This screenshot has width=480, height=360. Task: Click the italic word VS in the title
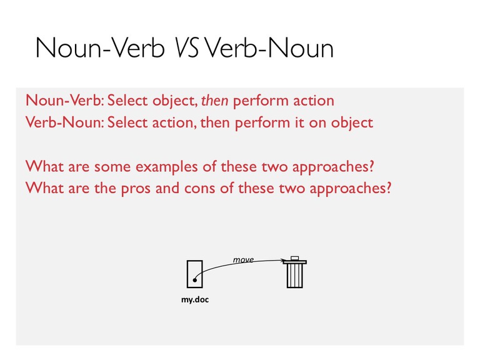186,48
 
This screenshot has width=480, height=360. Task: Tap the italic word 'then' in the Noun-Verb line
214,101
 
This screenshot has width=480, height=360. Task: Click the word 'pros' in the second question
136,189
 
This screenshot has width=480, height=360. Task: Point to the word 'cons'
199,188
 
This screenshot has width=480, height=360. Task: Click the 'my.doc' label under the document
195,299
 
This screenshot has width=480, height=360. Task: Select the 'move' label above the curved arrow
243,259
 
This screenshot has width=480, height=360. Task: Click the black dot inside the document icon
195,280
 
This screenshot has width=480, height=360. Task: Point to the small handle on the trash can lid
295,257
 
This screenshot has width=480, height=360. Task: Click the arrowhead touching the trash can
283,261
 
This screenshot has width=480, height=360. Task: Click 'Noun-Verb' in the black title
100,48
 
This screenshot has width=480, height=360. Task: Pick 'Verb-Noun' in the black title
269,48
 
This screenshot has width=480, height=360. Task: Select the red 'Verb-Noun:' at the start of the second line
65,122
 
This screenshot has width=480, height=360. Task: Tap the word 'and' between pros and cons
167,187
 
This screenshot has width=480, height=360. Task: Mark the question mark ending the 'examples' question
371,166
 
